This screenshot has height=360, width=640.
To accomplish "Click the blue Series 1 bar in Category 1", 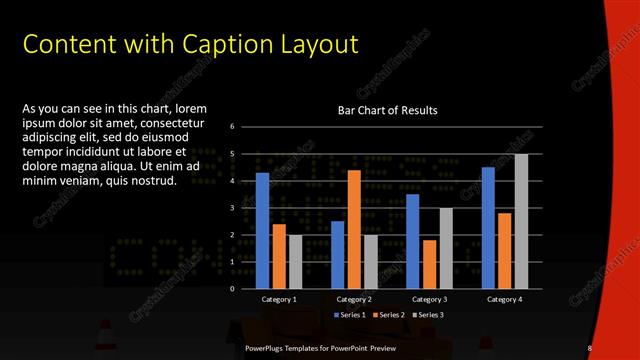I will pos(262,231).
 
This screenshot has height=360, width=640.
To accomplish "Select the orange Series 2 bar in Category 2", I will pos(354,229).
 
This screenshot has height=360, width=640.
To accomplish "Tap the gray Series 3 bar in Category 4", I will pos(521,221).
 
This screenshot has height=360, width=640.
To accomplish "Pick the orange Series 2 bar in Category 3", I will pos(429,264).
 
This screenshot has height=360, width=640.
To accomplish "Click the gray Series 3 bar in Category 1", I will pos(295,262).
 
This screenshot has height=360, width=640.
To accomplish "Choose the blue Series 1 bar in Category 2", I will pos(337,255).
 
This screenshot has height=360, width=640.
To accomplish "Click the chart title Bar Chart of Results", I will pos(388,110).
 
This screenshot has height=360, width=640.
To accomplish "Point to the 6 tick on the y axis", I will pos(232,126).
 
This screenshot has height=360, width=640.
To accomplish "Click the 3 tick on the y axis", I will pos(232,208).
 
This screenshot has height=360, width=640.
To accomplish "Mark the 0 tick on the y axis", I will pos(232,289).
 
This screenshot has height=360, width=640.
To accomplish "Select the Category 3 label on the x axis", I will pos(429,299).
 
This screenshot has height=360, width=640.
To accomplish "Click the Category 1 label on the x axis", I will pos(279,299).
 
